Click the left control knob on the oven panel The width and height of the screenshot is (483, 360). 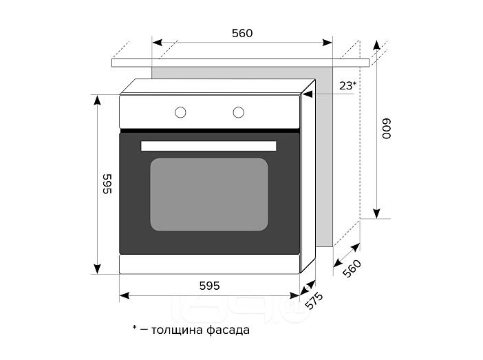pyautogui.click(x=180, y=112)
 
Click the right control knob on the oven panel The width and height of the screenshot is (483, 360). pyautogui.click(x=239, y=112)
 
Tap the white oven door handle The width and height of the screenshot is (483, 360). pyautogui.click(x=208, y=146)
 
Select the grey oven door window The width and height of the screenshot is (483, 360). pyautogui.click(x=209, y=195)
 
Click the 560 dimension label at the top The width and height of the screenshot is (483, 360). pyautogui.click(x=242, y=33)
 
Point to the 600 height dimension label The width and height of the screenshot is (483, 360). pyautogui.click(x=386, y=129)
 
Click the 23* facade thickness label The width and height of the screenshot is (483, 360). pyautogui.click(x=347, y=85)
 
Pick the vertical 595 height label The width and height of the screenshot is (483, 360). pyautogui.click(x=107, y=184)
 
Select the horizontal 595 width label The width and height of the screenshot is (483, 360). pyautogui.click(x=209, y=286)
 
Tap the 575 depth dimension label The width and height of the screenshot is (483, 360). pyautogui.click(x=314, y=301)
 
